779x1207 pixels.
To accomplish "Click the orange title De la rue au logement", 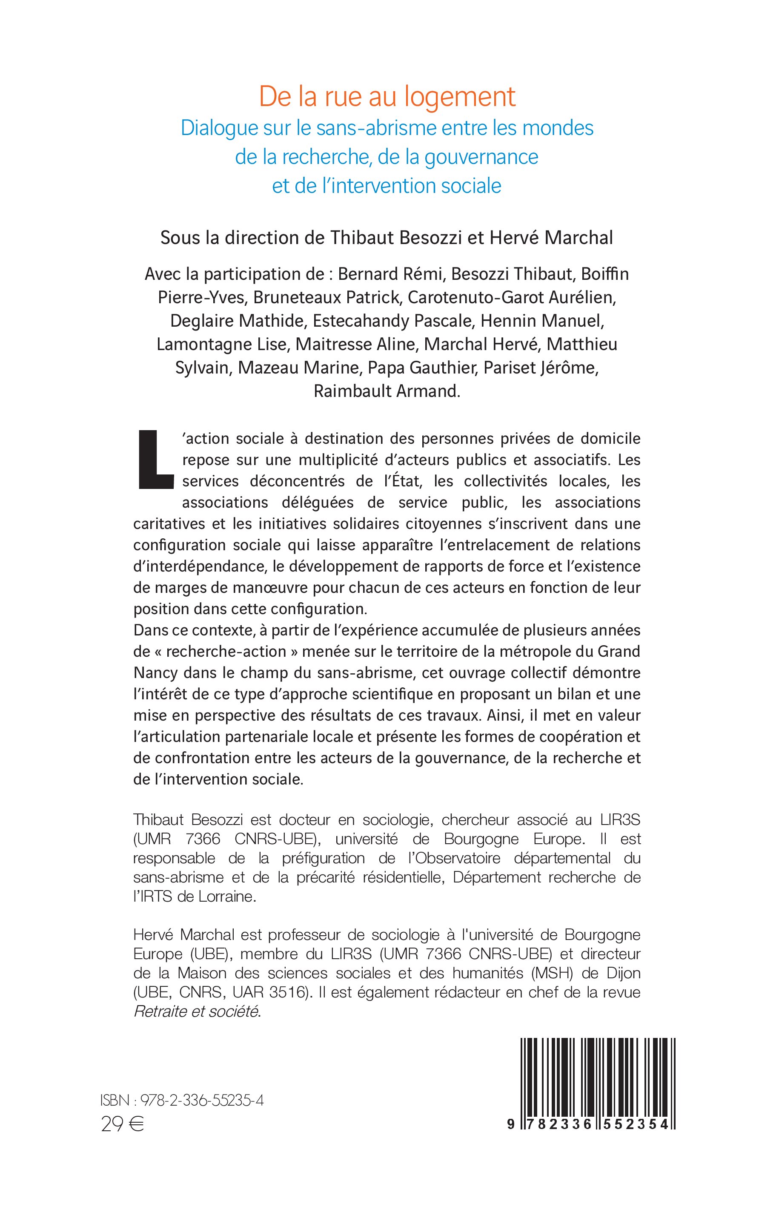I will [x=387, y=97].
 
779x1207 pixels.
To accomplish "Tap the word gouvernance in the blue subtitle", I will [x=481, y=157].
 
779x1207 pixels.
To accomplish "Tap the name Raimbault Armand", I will [x=387, y=391].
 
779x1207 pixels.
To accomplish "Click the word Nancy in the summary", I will [x=155, y=672].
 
